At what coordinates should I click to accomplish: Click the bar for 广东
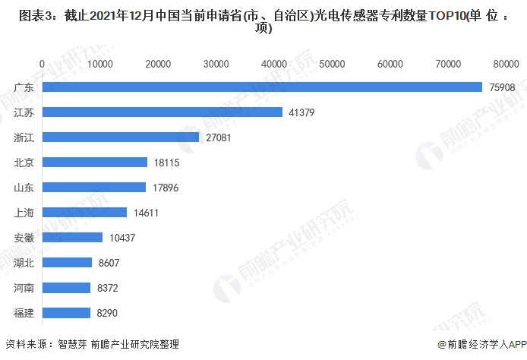tap(262, 87)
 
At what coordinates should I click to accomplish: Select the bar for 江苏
tap(163, 112)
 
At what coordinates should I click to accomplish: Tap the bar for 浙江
tap(121, 137)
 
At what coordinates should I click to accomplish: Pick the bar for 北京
tap(95, 163)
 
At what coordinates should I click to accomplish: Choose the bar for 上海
tap(84, 213)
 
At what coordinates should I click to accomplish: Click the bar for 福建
tap(66, 312)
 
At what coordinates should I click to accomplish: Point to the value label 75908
tap(500, 87)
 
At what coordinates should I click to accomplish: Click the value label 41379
tap(299, 112)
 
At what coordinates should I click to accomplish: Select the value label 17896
tap(163, 188)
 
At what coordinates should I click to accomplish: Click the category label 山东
tap(24, 188)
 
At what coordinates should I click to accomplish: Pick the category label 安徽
tap(24, 238)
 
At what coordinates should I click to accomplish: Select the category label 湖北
tap(24, 263)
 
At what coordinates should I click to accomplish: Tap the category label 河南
tap(24, 288)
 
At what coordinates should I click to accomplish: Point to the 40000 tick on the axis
tap(273, 65)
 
